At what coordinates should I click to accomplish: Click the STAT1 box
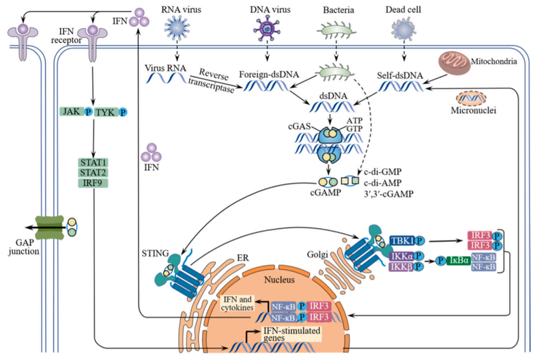click(x=94, y=162)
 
